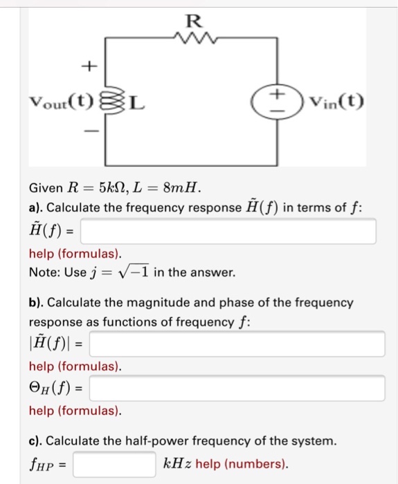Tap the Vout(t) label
pyautogui.click(x=61, y=105)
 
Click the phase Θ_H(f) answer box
pyautogui.click(x=237, y=388)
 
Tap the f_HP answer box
pyautogui.click(x=114, y=463)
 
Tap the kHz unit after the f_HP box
pyautogui.click(x=177, y=463)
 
